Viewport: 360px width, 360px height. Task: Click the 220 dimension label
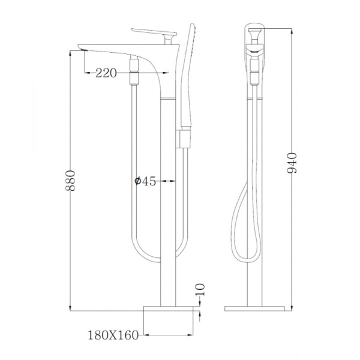coord(106,73)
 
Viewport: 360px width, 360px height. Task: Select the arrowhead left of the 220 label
coord(83,73)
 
